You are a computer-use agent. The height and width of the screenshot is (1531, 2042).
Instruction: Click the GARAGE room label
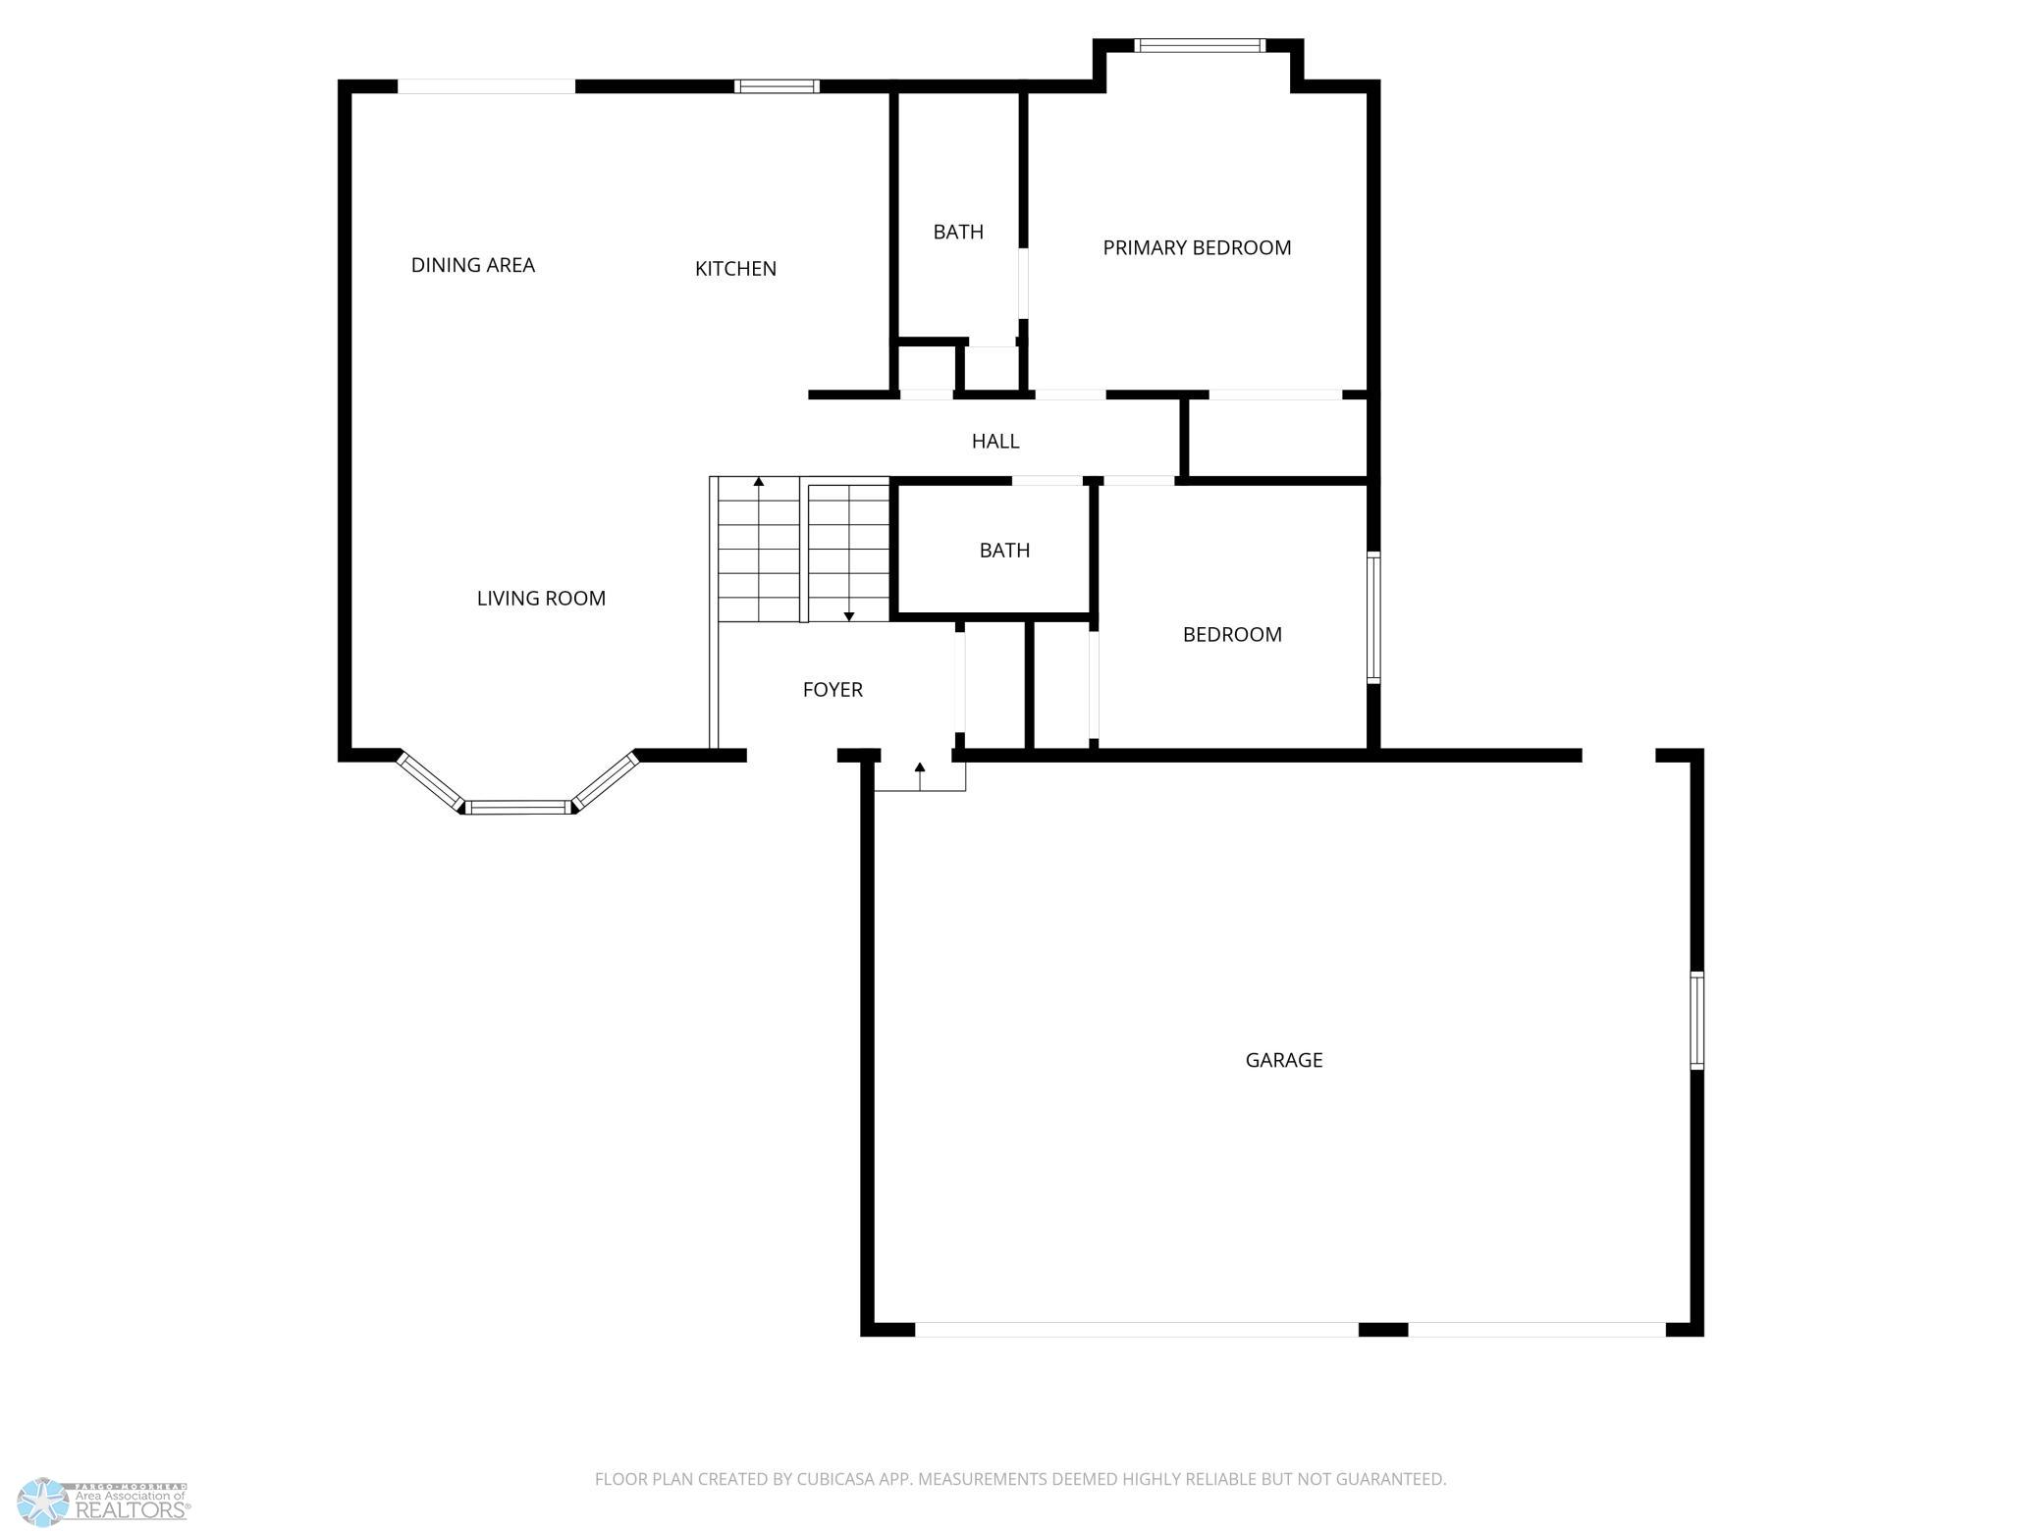tap(1284, 1060)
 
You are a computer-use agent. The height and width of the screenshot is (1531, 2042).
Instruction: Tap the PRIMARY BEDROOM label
tap(1197, 247)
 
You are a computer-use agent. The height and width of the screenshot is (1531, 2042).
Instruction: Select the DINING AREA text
tap(473, 265)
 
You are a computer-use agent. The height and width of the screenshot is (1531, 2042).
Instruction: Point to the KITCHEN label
tap(735, 269)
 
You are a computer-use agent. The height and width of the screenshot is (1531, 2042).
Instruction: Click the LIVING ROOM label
tap(541, 599)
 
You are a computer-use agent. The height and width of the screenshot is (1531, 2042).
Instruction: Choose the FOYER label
tap(833, 690)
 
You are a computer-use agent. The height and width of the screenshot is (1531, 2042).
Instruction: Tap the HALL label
tap(995, 442)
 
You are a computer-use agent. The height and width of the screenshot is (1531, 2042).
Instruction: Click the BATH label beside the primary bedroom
tap(958, 232)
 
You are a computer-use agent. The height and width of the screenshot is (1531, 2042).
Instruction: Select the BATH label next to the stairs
tap(1004, 551)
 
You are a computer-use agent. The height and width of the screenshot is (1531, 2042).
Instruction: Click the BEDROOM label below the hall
tap(1232, 635)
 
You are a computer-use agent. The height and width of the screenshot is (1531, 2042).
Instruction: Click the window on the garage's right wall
tap(1696, 1020)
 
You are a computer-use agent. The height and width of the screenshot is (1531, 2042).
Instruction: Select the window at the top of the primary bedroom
tap(1200, 45)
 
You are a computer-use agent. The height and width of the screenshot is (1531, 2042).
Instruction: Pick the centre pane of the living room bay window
tap(517, 808)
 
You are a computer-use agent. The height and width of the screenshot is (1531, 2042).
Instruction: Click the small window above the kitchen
tap(777, 86)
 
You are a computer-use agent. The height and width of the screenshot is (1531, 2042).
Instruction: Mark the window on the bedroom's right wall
tap(1373, 617)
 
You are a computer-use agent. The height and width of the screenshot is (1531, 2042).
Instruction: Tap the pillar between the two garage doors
tap(1383, 1329)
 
